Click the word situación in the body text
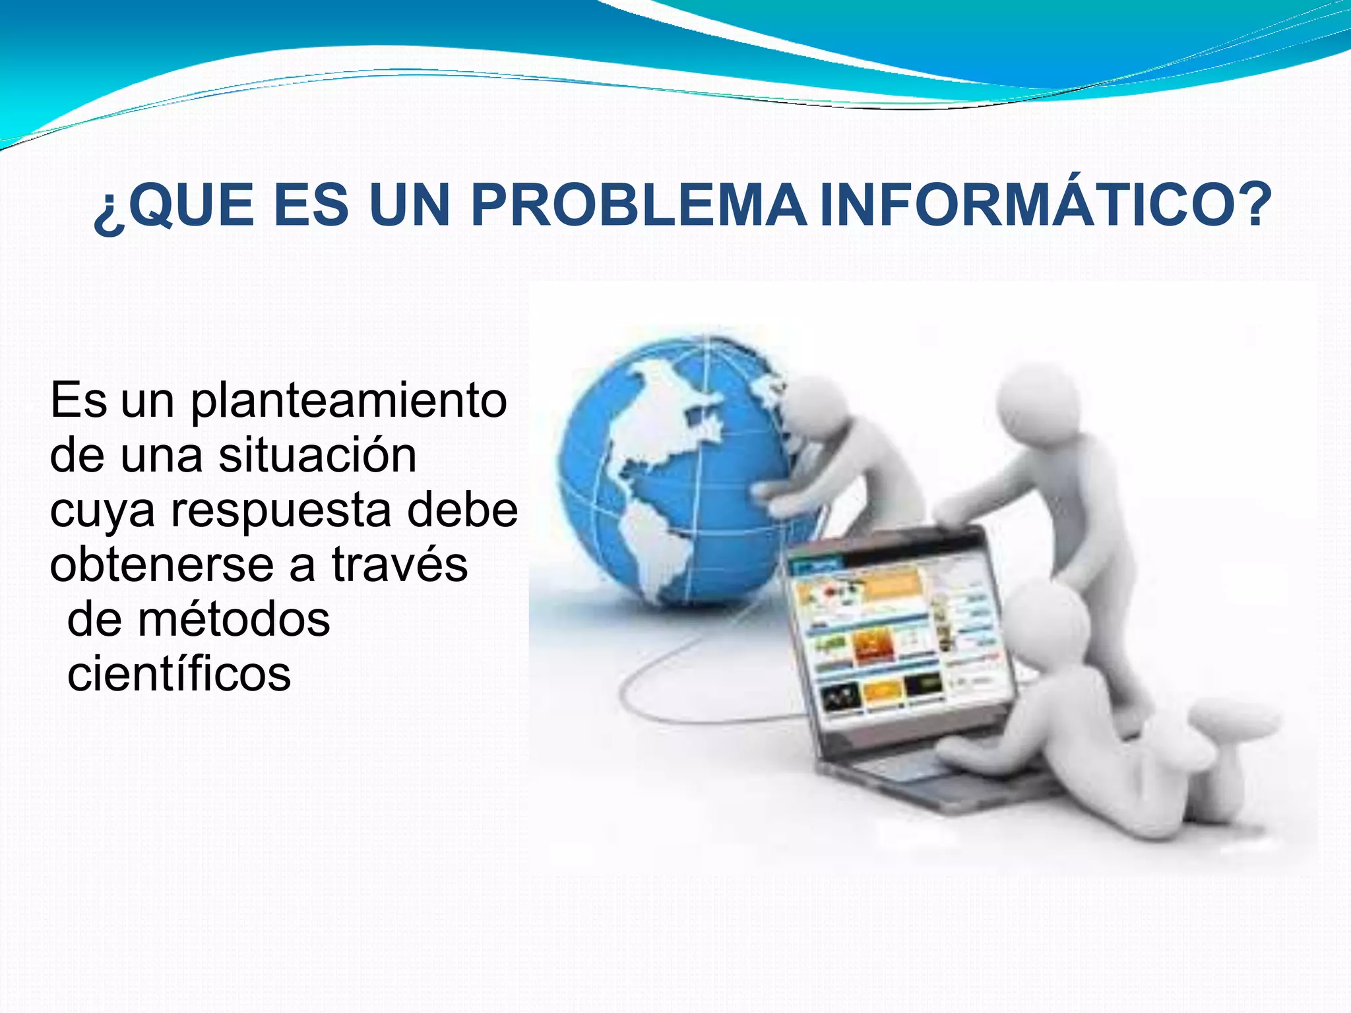317,455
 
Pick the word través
399,565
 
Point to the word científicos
179,674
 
